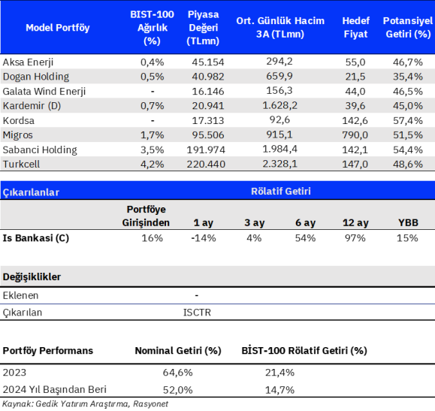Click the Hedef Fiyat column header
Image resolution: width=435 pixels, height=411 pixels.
tap(355, 27)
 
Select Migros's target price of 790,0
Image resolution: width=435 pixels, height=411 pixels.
tap(355, 135)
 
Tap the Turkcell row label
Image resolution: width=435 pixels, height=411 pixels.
tap(21, 164)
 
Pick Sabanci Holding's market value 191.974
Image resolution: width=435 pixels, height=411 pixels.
tap(206, 150)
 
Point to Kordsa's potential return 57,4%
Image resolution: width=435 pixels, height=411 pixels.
tap(408, 120)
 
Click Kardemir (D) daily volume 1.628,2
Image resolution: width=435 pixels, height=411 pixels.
tap(280, 105)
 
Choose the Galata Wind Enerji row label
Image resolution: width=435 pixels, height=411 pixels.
tap(44, 92)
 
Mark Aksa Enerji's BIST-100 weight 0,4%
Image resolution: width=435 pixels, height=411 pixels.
tap(152, 62)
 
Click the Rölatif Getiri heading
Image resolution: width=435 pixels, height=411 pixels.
tap(281, 191)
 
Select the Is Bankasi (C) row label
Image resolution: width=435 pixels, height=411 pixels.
tap(36, 238)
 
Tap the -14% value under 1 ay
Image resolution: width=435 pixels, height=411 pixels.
tap(204, 238)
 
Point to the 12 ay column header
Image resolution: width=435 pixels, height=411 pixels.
tap(355, 222)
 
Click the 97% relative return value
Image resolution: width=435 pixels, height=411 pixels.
tap(355, 238)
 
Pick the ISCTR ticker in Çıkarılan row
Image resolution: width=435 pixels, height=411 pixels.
tap(197, 313)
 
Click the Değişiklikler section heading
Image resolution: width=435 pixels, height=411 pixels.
tap(32, 277)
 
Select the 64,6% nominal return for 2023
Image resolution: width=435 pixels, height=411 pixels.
tap(177, 372)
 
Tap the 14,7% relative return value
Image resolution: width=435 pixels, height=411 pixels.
tap(279, 390)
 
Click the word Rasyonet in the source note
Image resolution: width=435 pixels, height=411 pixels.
tap(151, 403)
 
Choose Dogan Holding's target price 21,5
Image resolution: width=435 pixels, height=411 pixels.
tap(355, 77)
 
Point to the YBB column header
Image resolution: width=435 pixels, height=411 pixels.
tap(408, 222)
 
